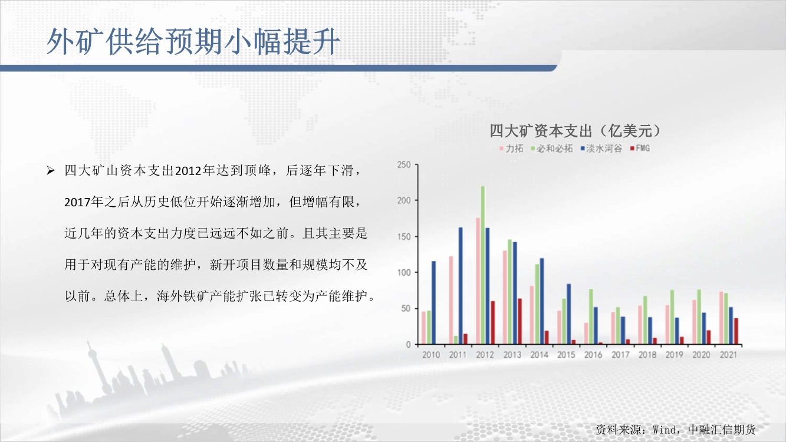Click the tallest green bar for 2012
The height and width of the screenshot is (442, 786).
483,265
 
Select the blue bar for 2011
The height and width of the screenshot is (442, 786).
461,286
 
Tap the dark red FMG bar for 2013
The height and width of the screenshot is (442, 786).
519,321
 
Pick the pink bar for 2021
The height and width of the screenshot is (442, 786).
721,318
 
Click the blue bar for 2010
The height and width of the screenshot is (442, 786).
434,302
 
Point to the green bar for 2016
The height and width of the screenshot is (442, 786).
591,316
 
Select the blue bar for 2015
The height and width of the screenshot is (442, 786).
569,314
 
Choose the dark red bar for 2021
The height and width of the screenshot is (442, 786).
736,331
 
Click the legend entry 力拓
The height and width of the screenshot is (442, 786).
511,149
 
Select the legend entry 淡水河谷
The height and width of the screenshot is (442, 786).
601,149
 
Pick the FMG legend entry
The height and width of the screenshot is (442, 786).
640,149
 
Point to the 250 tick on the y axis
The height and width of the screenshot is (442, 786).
404,165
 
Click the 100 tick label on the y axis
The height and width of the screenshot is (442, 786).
404,272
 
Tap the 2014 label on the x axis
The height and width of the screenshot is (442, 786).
539,355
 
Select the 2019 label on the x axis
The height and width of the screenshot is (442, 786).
674,355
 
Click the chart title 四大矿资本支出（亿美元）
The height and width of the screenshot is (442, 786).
575,131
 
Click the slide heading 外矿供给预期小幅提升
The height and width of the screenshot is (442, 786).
193,42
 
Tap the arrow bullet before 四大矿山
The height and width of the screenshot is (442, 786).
51,171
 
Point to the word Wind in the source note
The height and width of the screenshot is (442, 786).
664,430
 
